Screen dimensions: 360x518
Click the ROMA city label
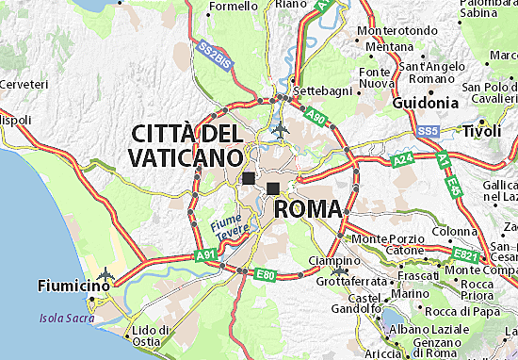307,207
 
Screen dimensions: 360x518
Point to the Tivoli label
488,131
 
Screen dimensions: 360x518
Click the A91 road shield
204,254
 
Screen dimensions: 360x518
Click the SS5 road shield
428,129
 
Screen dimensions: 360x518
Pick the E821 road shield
464,254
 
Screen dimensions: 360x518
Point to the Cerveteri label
24,84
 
